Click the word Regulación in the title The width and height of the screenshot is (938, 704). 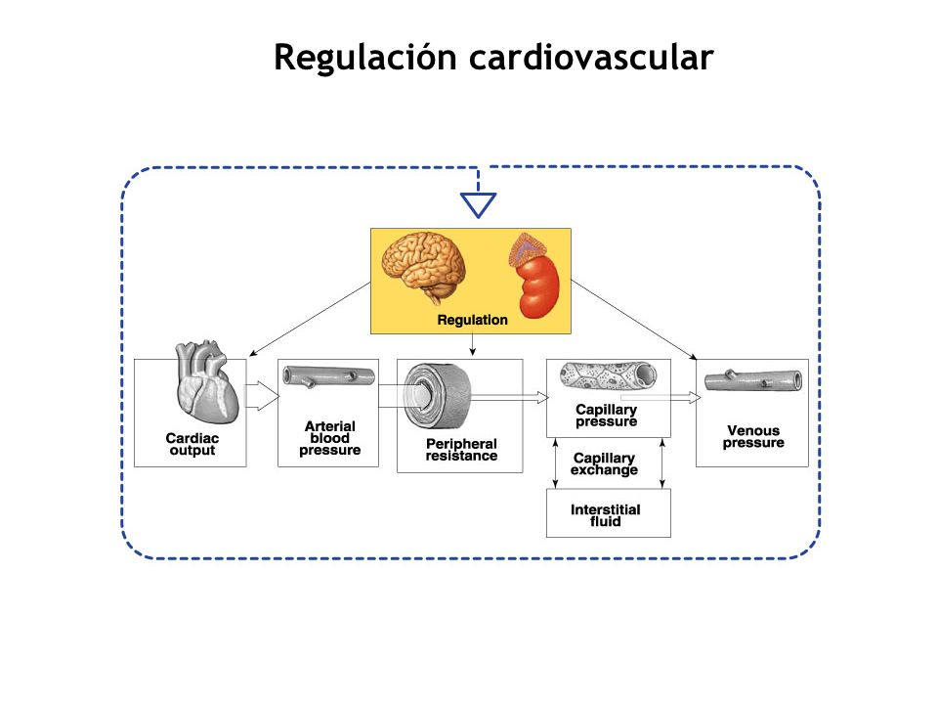pos(364,59)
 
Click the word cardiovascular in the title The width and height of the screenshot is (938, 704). pos(591,58)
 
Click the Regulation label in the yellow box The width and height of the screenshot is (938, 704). pos(472,321)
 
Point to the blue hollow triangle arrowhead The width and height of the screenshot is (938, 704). pos(478,204)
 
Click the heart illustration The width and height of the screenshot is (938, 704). pos(206,382)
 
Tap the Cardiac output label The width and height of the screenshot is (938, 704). pos(192,444)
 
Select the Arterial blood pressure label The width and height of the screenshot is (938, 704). pos(329,438)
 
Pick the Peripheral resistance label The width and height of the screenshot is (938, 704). pos(461,450)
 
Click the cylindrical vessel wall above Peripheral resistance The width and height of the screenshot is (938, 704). pos(437,396)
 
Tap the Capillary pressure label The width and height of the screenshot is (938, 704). pos(606,416)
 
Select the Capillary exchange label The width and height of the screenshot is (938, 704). pos(604,463)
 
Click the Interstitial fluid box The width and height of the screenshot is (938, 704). pos(609,513)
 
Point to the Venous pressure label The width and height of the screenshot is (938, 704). pos(753,436)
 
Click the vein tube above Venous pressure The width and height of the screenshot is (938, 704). pos(753,380)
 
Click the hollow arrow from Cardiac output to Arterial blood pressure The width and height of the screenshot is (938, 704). pos(263,396)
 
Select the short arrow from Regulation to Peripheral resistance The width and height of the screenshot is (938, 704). pos(473,345)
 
